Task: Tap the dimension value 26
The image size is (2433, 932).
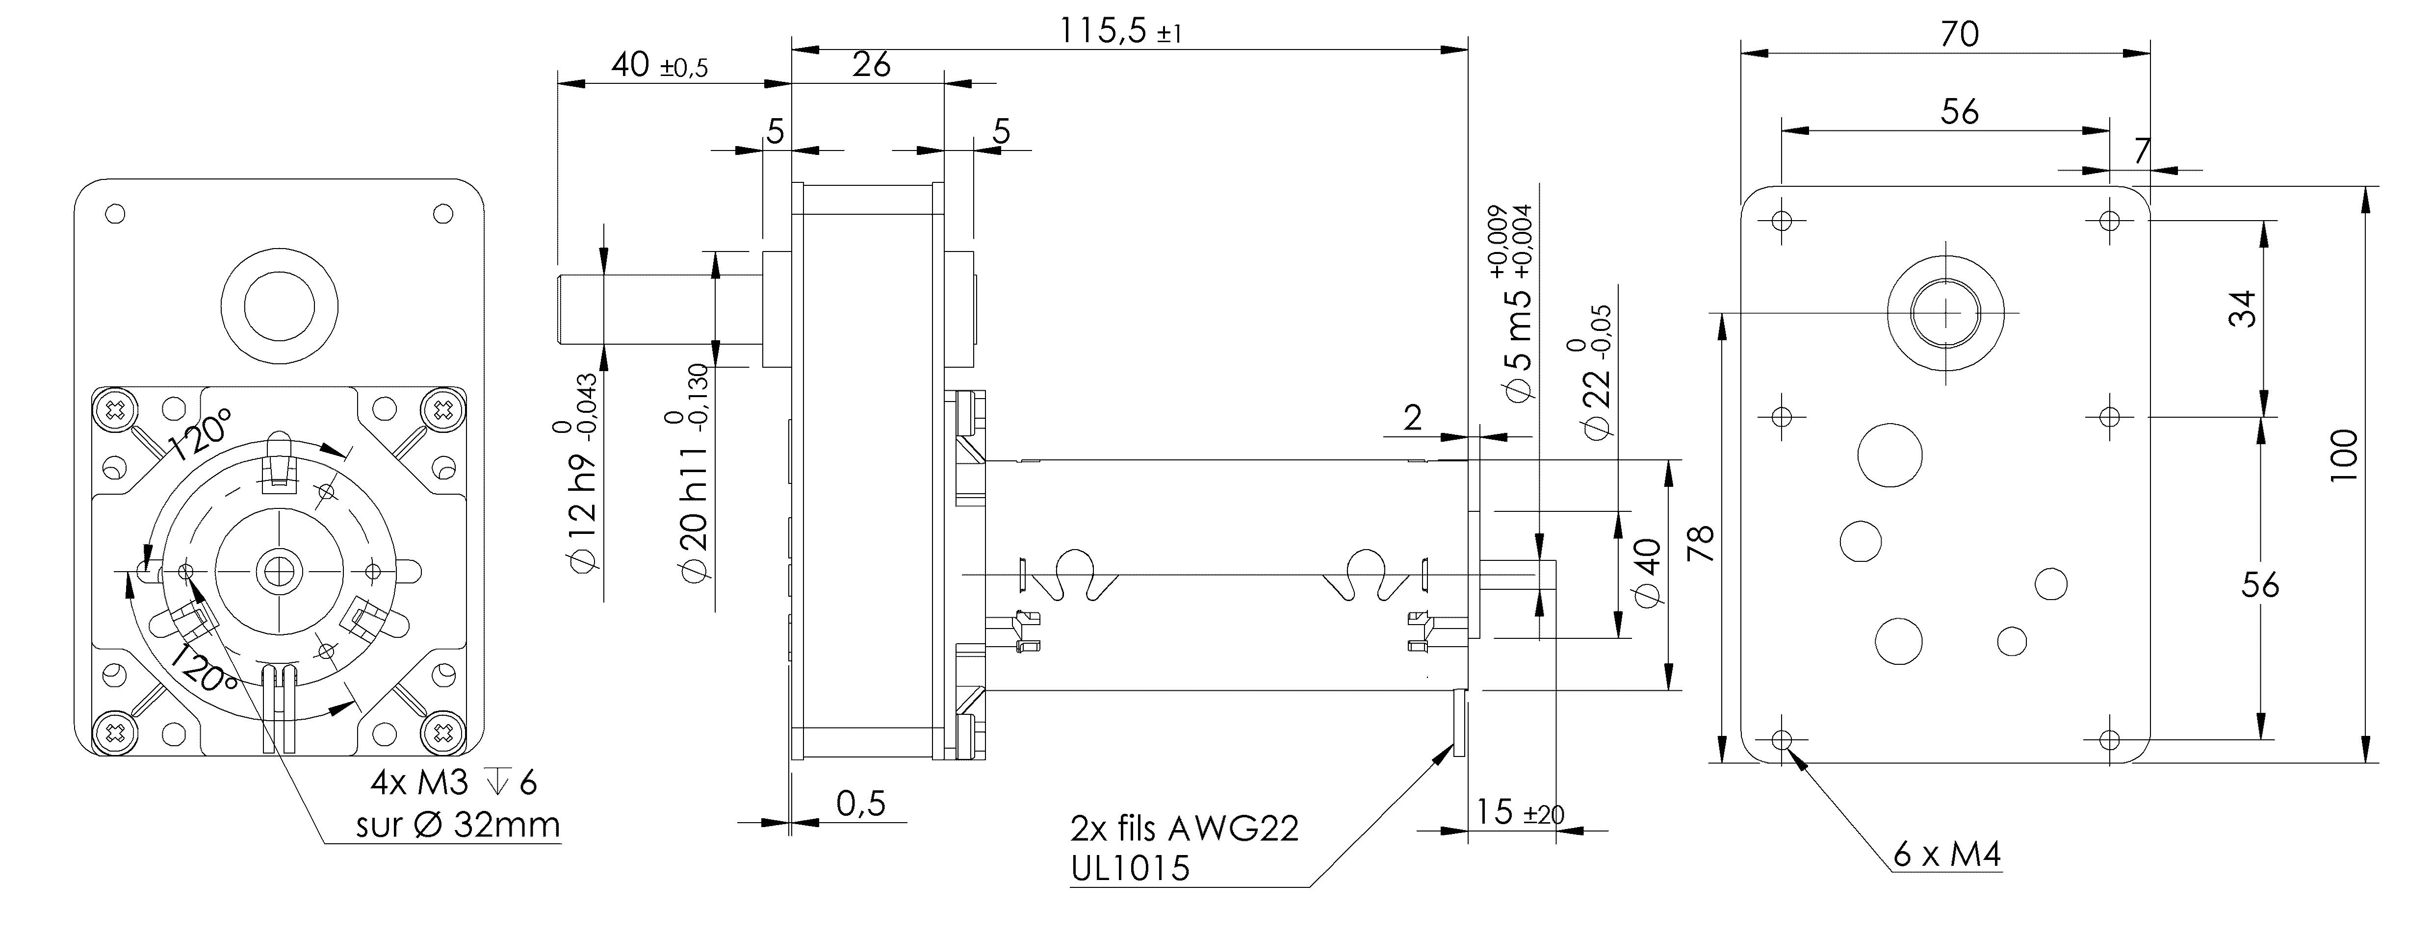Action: (871, 65)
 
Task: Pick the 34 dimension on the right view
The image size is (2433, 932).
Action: (2241, 309)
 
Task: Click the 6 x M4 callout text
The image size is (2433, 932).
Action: (1946, 855)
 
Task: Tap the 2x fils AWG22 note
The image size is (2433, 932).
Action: (1185, 828)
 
